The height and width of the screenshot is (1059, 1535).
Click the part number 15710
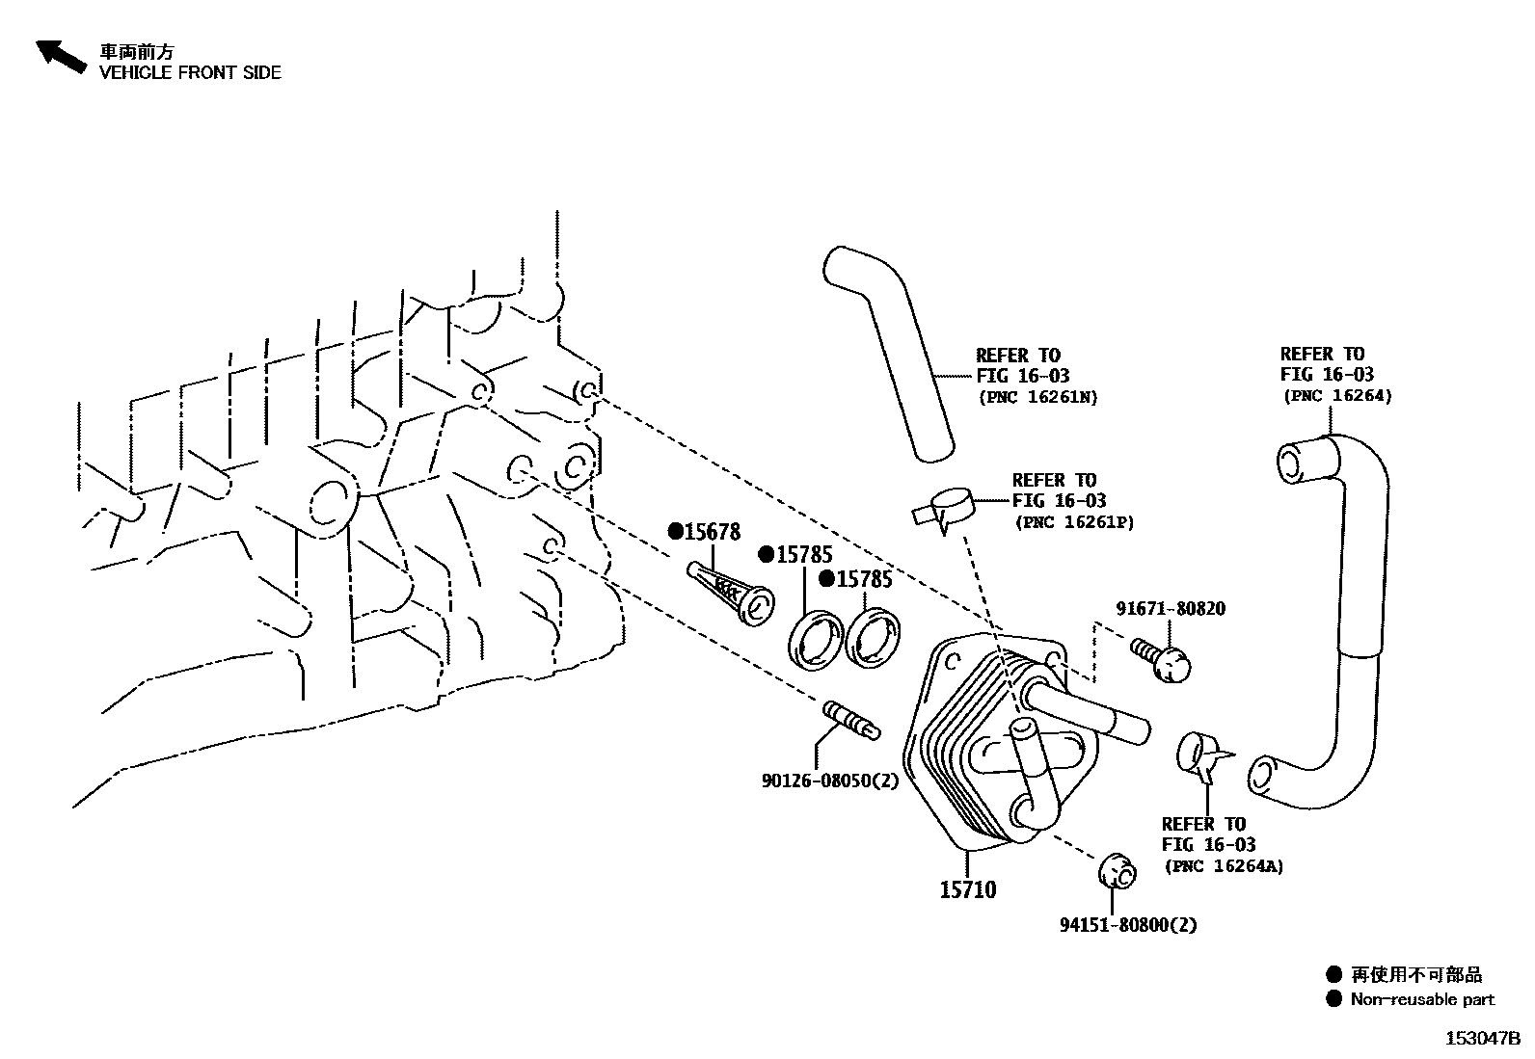pyautogui.click(x=968, y=889)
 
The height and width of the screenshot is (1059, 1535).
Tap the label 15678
pyautogui.click(x=712, y=531)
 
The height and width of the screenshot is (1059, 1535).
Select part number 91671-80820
pyautogui.click(x=1171, y=609)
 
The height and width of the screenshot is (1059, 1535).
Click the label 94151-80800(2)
pyautogui.click(x=1128, y=925)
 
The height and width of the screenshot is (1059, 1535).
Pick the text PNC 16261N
pyautogui.click(x=1037, y=397)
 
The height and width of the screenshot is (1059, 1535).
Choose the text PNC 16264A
pyautogui.click(x=1224, y=866)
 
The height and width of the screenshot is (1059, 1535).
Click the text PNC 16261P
pyautogui.click(x=1074, y=522)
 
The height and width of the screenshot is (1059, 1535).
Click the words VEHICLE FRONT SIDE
pyautogui.click(x=190, y=72)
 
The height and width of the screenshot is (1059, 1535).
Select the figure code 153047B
pyautogui.click(x=1481, y=1038)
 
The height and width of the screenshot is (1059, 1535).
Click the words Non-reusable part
pyautogui.click(x=1422, y=999)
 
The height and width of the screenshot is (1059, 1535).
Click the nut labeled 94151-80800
pyautogui.click(x=1118, y=870)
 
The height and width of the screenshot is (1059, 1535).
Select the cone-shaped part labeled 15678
pyautogui.click(x=729, y=592)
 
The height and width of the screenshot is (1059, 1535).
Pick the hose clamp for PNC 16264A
pyautogui.click(x=1201, y=754)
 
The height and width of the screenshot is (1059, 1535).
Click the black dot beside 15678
pyautogui.click(x=676, y=531)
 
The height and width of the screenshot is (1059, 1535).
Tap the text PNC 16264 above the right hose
pyautogui.click(x=1337, y=396)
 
